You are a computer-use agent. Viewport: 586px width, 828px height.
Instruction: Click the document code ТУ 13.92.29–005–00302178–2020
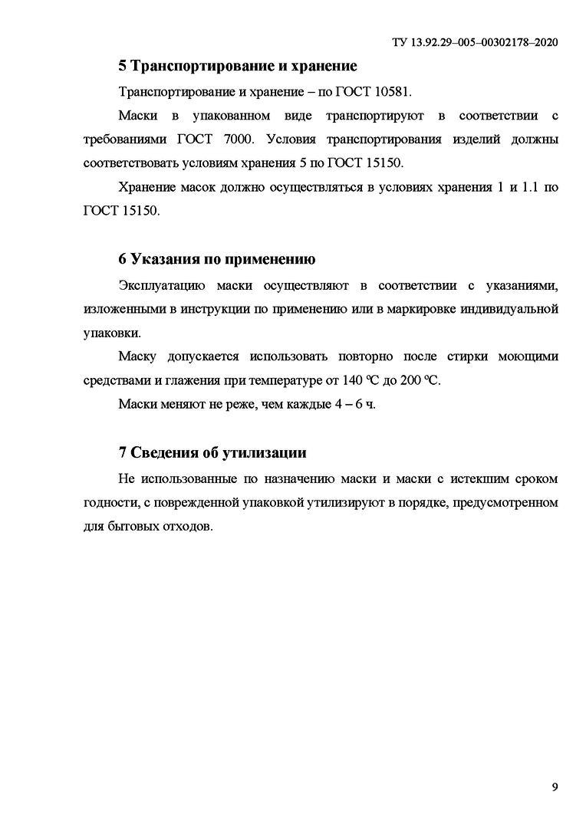(x=474, y=43)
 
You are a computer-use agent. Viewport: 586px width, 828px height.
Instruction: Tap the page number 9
(x=555, y=787)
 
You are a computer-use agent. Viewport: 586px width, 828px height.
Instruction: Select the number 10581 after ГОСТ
(x=391, y=92)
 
